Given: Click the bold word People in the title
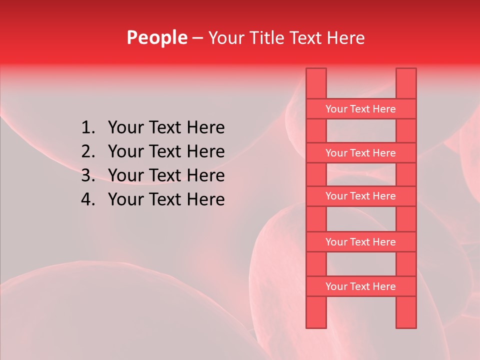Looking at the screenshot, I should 156,37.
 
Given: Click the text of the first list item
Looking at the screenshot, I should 166,128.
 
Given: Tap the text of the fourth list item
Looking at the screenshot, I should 166,199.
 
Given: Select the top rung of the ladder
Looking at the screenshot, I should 360,109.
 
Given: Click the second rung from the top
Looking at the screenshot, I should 360,153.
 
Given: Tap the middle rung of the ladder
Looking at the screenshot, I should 360,196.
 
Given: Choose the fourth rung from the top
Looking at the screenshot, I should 360,242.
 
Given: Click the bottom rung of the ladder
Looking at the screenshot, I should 360,286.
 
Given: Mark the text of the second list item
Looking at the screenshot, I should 166,151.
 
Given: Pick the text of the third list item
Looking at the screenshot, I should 166,175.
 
